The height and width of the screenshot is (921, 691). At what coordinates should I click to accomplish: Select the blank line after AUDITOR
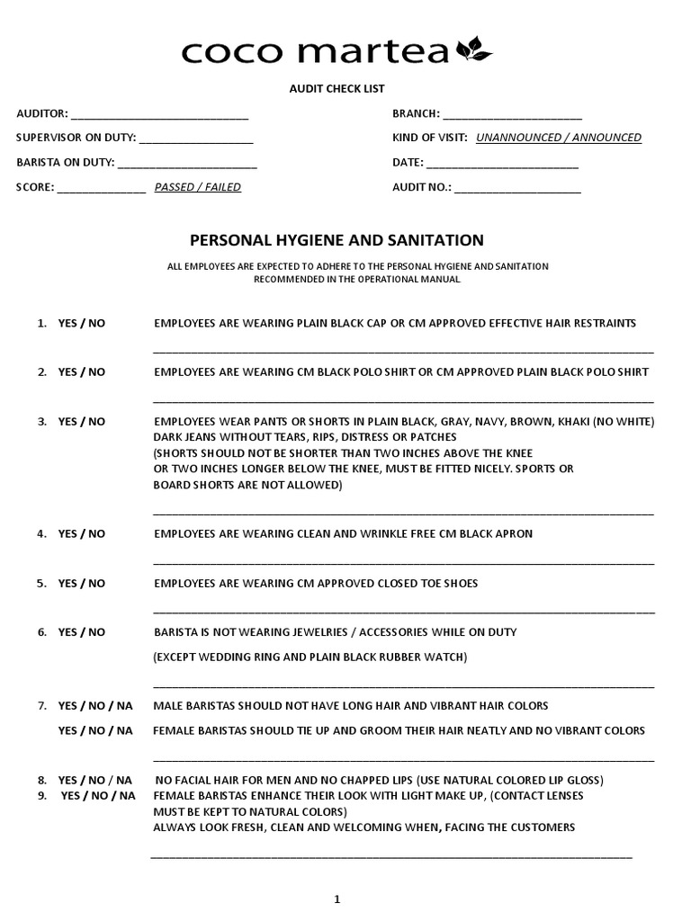click(x=159, y=115)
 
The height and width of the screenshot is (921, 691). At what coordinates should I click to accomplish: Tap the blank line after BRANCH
click(x=512, y=115)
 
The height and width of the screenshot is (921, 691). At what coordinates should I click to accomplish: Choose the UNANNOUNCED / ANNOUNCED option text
click(x=558, y=138)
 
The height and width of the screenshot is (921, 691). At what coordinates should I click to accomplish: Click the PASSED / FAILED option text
click(x=197, y=188)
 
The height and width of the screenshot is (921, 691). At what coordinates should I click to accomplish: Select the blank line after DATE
click(x=502, y=164)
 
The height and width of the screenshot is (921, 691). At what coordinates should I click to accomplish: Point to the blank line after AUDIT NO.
click(x=518, y=189)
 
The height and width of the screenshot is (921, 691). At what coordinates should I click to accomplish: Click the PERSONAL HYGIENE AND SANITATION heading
click(x=336, y=240)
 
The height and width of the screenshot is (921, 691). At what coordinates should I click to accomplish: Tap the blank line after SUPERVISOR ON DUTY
click(x=196, y=139)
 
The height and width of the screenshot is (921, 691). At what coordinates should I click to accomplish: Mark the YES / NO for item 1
click(x=82, y=323)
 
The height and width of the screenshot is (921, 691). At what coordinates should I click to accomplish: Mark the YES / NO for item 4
click(x=82, y=533)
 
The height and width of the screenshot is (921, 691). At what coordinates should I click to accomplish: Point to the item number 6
click(x=41, y=632)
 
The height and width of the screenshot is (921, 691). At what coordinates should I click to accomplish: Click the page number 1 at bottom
click(x=337, y=899)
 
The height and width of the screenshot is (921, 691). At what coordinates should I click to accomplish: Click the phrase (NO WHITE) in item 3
click(x=624, y=422)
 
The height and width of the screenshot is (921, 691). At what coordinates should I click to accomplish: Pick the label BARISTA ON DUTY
click(x=65, y=163)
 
